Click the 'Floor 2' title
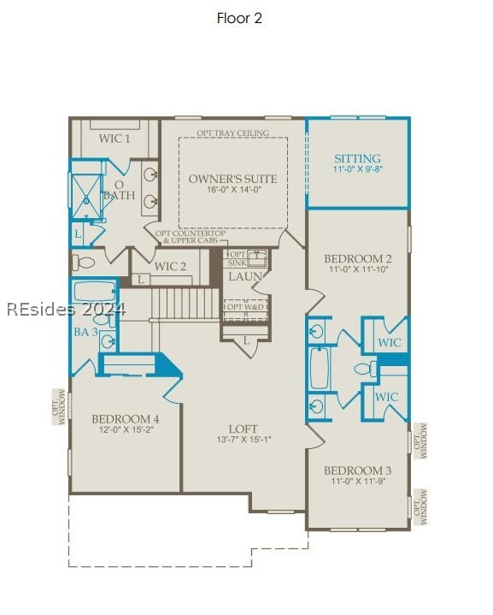239,18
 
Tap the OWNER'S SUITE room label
232,179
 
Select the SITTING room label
357,159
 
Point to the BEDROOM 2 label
357,259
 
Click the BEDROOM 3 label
357,470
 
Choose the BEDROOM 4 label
125,419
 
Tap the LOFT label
243,429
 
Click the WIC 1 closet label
114,139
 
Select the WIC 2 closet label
171,266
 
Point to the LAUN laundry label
245,277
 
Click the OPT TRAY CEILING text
232,133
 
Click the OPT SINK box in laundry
247,258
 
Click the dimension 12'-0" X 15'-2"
125,431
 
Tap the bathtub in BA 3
94,291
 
